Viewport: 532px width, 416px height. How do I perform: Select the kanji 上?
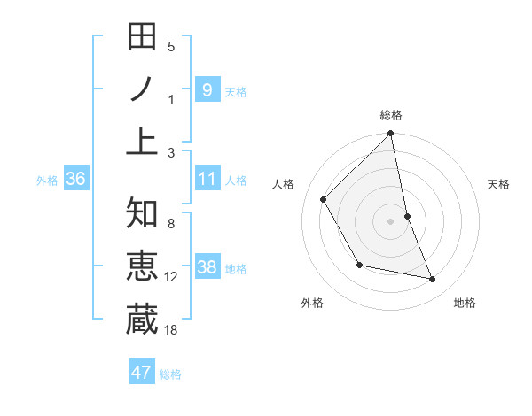click(x=142, y=141)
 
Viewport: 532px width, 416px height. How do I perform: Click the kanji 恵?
click(x=142, y=266)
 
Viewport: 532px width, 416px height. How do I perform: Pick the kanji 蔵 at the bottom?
click(x=142, y=320)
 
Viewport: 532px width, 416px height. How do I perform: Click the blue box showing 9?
click(x=207, y=89)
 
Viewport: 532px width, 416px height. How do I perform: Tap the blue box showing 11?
click(x=207, y=179)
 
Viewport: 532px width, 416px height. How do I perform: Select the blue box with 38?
click(x=207, y=268)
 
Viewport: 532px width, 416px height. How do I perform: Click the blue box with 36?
click(x=75, y=179)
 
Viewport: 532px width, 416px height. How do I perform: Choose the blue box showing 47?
click(x=142, y=373)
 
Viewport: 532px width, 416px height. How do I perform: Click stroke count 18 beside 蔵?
click(x=171, y=330)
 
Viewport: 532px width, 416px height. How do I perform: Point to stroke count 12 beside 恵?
click(x=171, y=277)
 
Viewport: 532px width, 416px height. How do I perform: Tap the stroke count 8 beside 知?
click(x=171, y=223)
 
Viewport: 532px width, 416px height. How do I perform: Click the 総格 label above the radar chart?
click(x=391, y=115)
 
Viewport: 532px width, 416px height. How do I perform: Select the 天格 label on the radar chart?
click(x=498, y=184)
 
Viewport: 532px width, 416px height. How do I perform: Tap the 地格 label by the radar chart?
click(x=465, y=303)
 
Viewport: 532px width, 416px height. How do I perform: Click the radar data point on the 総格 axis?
click(x=391, y=135)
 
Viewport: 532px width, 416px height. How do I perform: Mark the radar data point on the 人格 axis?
click(x=324, y=199)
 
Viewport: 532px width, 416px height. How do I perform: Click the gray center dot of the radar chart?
click(x=391, y=220)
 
